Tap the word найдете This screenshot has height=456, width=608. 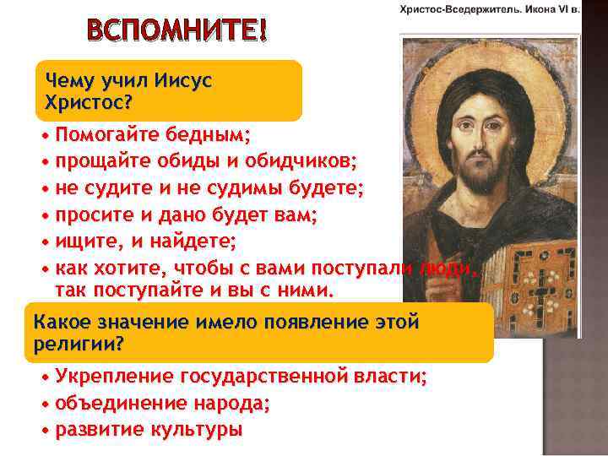[191, 242]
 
